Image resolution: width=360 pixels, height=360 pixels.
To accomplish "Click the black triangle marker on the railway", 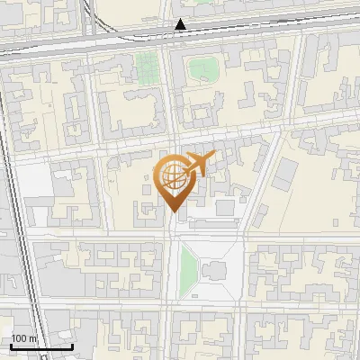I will point(181,24).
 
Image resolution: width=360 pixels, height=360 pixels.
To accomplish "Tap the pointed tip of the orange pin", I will point(172,211).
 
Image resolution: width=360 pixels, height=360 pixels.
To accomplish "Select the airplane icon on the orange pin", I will point(197,165).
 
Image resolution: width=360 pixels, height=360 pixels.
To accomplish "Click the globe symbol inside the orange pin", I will point(171,177).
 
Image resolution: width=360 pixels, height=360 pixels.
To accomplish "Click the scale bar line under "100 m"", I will point(40,346).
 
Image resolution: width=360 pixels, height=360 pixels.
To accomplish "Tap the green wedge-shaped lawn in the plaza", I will point(188,265).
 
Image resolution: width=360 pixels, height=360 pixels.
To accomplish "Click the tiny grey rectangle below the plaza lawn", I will point(197,293).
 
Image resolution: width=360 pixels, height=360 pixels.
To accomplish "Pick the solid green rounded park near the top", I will point(203,69).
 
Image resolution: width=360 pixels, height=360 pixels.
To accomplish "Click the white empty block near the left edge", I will point(31,184).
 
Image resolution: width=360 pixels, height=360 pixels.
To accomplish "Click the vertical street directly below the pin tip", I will point(172,270).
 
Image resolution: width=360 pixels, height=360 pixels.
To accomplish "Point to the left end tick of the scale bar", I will point(10,345).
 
